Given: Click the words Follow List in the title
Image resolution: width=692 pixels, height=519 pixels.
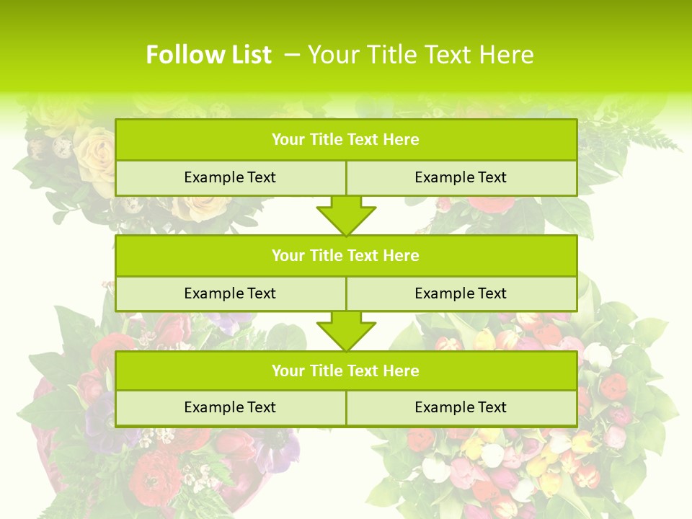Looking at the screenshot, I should (x=208, y=55).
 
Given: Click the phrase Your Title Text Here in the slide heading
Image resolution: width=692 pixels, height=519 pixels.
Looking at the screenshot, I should (x=420, y=55).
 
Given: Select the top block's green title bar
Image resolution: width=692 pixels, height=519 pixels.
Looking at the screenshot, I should (x=345, y=140).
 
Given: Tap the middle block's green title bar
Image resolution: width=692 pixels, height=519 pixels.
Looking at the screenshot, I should (x=345, y=255).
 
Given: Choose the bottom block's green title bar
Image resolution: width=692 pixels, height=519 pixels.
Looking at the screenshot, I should (x=345, y=371).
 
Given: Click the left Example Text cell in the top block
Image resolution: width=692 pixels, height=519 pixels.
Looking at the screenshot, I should (x=230, y=177).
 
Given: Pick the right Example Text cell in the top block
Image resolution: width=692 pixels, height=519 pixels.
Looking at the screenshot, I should (x=461, y=177).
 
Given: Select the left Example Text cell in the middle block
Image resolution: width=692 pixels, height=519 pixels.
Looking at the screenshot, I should (x=230, y=293).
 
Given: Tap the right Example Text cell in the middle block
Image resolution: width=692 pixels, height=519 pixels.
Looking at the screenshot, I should (x=461, y=293).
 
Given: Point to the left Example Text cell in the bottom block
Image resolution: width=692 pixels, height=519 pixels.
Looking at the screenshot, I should (x=230, y=407).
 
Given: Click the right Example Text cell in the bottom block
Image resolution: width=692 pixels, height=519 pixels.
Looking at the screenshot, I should (x=461, y=407).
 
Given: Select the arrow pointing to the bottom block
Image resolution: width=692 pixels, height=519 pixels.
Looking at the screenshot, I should (x=346, y=331).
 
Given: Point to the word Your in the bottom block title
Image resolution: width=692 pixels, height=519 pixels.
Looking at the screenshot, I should (x=288, y=371).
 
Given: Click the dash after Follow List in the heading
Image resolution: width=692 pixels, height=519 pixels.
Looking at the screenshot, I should (x=292, y=55).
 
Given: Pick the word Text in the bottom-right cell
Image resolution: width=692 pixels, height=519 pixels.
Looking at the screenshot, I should (x=492, y=407).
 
